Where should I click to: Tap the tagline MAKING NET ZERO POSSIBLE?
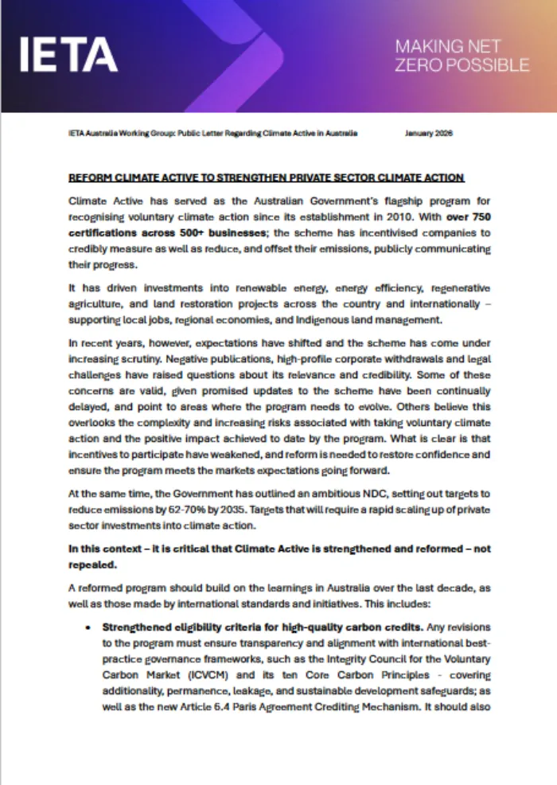[x=462, y=56]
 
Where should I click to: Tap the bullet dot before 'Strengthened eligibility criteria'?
[x=89, y=627]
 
